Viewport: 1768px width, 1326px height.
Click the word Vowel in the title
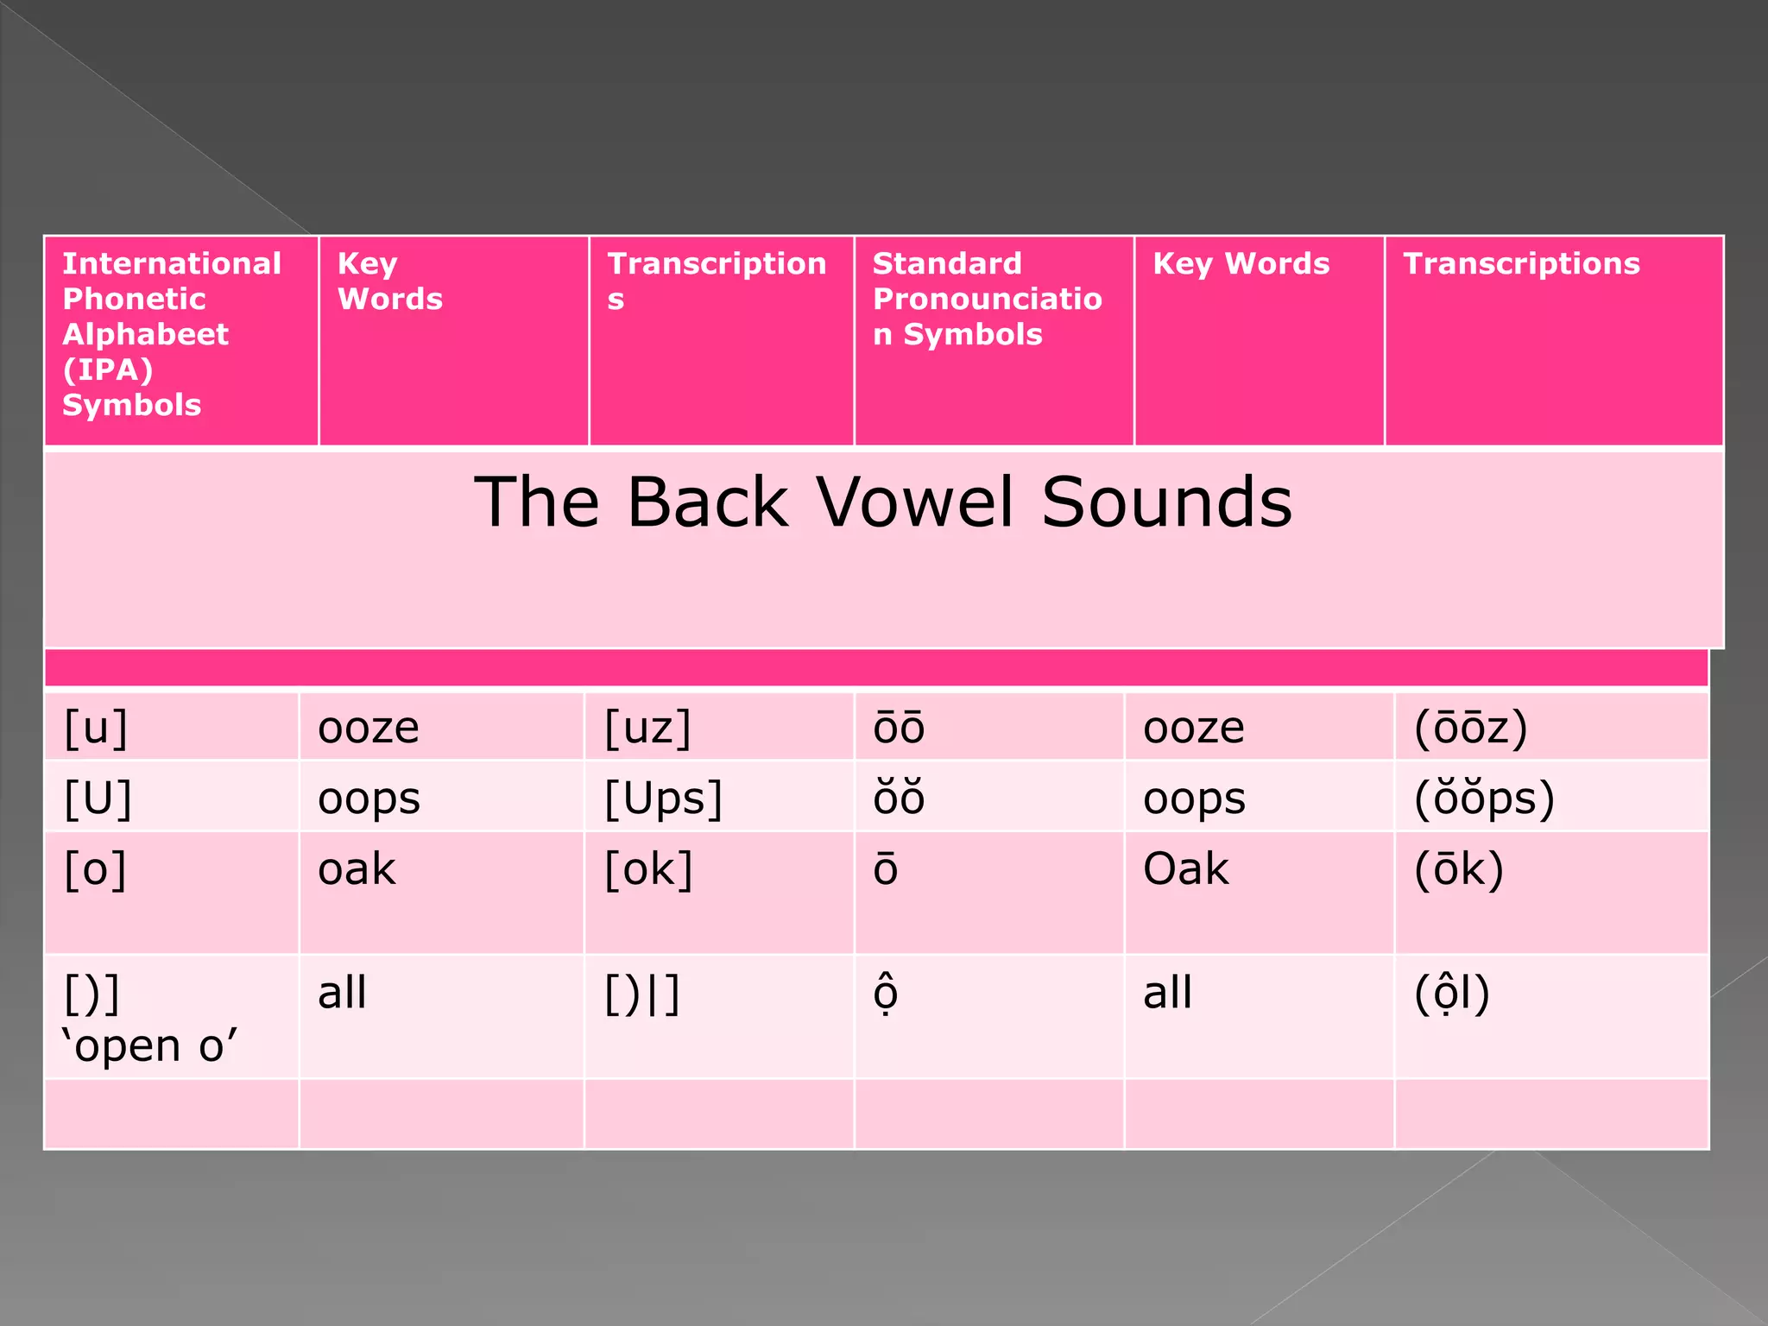[x=914, y=502]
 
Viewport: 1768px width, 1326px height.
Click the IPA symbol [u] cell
[x=96, y=728]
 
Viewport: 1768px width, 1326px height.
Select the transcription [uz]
[x=647, y=728]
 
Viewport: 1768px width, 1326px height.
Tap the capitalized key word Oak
[x=1185, y=868]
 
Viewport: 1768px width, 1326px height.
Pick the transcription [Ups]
[x=663, y=799]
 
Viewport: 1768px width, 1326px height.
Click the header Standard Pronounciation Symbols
[x=987, y=299]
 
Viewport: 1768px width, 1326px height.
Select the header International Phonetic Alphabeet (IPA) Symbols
[x=171, y=334]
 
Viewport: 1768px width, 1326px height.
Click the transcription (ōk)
[x=1459, y=868]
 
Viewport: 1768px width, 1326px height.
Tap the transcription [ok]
[x=648, y=868]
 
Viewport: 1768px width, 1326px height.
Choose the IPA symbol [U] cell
[x=98, y=799]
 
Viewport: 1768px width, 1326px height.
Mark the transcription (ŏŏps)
[x=1484, y=799]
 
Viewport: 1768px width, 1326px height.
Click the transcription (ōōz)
[x=1470, y=728]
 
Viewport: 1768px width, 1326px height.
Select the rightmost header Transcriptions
[x=1521, y=263]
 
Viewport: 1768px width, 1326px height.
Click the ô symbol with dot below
[x=886, y=994]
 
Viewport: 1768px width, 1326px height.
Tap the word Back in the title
[x=707, y=502]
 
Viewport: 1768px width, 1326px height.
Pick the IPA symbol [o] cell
[x=95, y=868]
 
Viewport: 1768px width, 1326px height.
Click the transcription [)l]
[x=642, y=994]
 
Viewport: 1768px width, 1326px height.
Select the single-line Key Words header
[x=1241, y=263]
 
